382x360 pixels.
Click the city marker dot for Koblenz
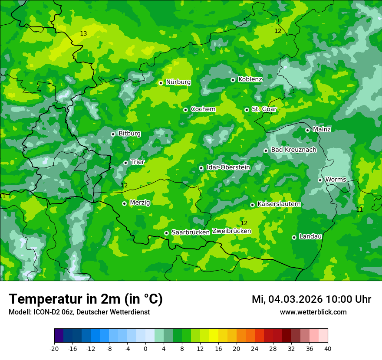pos(233,80)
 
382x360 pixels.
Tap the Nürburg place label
pos(178,82)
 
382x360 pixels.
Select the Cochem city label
pos(203,109)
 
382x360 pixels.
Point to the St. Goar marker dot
pos(247,110)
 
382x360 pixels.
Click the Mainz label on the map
pos(322,129)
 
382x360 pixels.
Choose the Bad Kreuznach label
pos(293,150)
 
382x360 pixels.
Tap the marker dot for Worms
pos(320,180)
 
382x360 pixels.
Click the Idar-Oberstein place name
pos(228,167)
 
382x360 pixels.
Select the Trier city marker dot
pos(125,163)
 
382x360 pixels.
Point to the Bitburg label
pos(129,134)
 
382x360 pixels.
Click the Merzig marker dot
pos(124,203)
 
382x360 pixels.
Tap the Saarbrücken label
pos(191,232)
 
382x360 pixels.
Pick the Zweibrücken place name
pos(231,231)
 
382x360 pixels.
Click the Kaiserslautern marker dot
pos(252,205)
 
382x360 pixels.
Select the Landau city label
pos(310,236)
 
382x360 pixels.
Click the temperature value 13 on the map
pos(83,34)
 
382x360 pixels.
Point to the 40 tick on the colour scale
pos(327,348)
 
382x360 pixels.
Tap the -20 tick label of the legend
pos(54,348)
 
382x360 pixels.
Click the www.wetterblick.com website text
pos(313,312)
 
